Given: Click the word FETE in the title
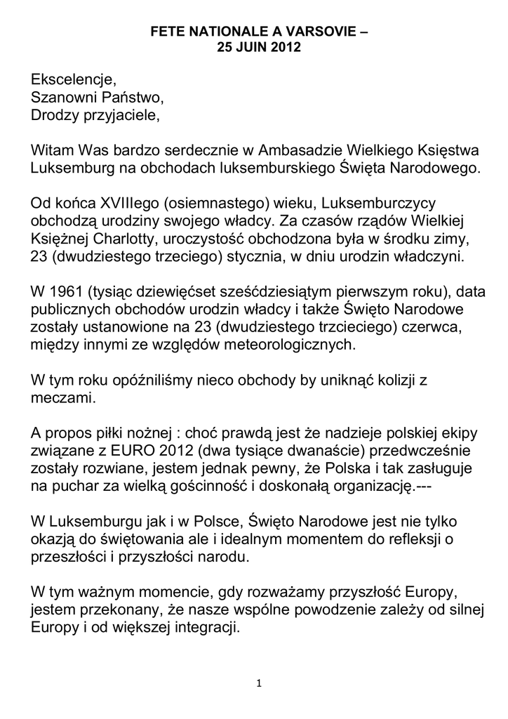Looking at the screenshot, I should pyautogui.click(x=166, y=33).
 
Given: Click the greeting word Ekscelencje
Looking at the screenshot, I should pyautogui.click(x=72, y=78).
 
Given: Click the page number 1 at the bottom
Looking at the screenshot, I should pyautogui.click(x=260, y=685).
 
